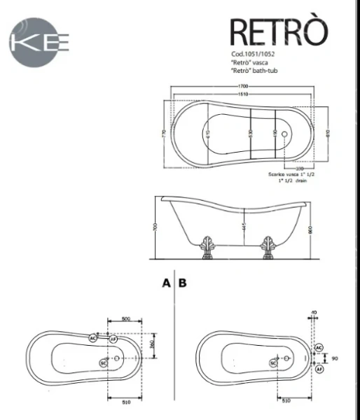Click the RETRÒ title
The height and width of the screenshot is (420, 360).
coord(279,31)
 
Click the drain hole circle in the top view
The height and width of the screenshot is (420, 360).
coord(284,132)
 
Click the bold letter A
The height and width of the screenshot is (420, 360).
coord(166,283)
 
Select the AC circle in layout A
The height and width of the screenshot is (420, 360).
coord(93,338)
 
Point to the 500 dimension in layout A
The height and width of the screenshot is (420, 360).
coord(125,318)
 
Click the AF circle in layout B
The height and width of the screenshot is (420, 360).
coord(319,367)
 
